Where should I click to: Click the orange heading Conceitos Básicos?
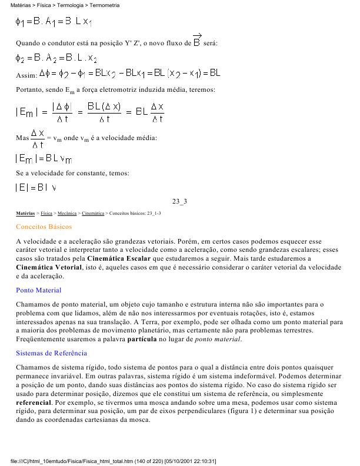[44, 227]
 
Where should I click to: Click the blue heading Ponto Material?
[38, 290]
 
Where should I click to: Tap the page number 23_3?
[179, 202]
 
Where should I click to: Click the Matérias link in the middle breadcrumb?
[25, 213]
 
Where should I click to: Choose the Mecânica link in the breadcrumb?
[66, 213]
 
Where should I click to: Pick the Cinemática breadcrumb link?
[94, 213]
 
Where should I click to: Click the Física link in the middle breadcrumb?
[46, 213]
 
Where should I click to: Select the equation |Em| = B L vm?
[44, 158]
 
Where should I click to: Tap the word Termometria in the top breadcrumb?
[105, 5]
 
